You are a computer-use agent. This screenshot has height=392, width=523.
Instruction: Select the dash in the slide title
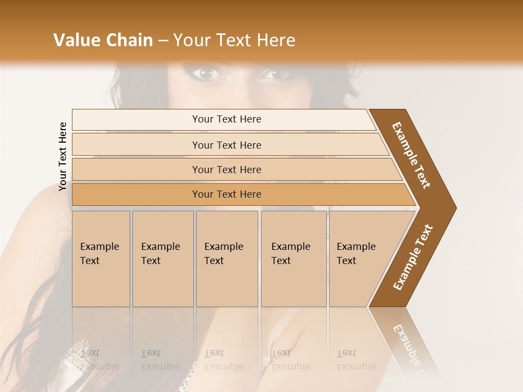pyautogui.click(x=163, y=41)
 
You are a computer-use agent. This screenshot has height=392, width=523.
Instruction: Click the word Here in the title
pyautogui.click(x=276, y=40)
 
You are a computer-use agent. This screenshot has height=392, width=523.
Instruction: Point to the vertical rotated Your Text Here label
pyautogui.click(x=63, y=156)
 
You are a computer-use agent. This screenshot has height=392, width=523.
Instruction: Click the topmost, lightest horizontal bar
pyautogui.click(x=227, y=119)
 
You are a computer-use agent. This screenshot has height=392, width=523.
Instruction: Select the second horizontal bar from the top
pyautogui.click(x=227, y=145)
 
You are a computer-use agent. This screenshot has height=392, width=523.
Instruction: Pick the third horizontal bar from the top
pyautogui.click(x=227, y=169)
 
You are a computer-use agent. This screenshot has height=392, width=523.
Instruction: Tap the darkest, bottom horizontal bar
pyautogui.click(x=227, y=194)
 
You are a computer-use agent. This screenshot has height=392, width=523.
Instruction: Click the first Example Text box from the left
pyautogui.click(x=101, y=259)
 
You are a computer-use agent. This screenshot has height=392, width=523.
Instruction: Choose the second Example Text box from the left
pyautogui.click(x=163, y=259)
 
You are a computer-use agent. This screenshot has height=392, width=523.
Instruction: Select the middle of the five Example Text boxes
pyautogui.click(x=227, y=259)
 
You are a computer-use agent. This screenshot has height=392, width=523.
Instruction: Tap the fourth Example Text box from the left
pyautogui.click(x=294, y=259)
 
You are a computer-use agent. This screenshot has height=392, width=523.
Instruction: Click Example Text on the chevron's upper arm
pyautogui.click(x=411, y=155)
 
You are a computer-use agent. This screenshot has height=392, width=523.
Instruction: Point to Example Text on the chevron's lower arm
pyautogui.click(x=413, y=258)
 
